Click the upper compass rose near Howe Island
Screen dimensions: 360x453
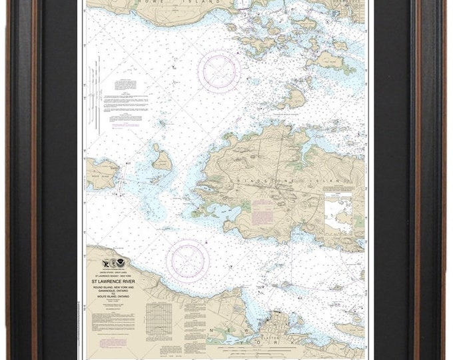[x=219, y=71]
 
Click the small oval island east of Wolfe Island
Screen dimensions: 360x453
[x=161, y=160]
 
